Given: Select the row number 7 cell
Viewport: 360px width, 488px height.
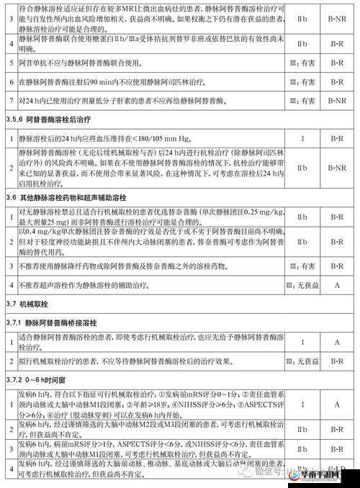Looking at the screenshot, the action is click(11, 101).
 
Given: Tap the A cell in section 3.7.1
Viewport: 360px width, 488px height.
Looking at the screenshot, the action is click(336, 341).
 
